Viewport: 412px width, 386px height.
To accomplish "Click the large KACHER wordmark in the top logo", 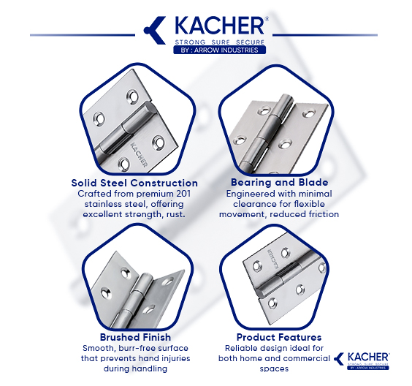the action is coord(219,26).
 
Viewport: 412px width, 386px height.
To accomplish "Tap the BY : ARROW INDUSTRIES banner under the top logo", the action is coord(219,50).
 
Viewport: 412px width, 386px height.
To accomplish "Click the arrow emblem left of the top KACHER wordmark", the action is coord(155,30).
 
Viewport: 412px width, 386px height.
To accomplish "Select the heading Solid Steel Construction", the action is coord(134,183).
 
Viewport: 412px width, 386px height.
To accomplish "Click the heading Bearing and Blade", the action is coord(279,182).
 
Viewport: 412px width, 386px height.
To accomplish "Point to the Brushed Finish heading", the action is coord(135,337).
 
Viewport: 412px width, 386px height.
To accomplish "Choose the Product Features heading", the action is coord(279,337).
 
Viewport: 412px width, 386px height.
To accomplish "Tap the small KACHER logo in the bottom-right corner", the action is coord(362,360).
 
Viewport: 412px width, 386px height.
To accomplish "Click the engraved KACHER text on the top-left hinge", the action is coord(139,154).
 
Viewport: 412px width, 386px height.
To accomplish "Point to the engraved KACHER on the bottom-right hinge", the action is coord(272,260).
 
